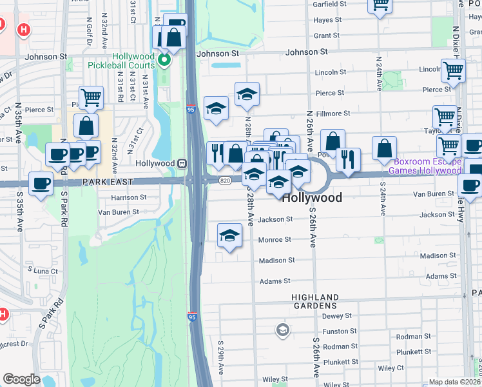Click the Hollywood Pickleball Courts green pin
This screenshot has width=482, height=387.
pos(165,62)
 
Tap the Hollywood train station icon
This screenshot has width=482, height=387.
pos(182,164)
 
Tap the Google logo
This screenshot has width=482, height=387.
pos(21,379)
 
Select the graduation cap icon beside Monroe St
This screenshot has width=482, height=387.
pos(229,235)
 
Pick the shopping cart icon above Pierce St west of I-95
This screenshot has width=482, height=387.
pos(91,97)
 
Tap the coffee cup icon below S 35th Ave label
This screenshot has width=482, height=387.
pos(41,183)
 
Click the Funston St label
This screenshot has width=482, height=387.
pos(335,331)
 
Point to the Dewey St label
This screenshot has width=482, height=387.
pos(336,316)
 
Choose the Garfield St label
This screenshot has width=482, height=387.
pos(330,4)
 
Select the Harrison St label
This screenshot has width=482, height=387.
pos(129,197)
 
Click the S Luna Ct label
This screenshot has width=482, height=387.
pos(42,271)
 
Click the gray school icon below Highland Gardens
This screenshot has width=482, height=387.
pos(282,331)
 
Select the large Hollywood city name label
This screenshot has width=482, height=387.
pos(312,198)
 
